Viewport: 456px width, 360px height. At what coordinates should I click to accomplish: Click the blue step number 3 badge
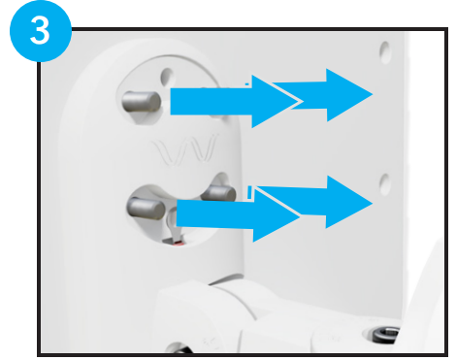[x=41, y=31]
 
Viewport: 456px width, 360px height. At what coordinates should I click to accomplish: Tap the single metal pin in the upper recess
[x=142, y=102]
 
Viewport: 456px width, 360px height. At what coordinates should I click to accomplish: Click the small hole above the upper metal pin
[x=167, y=77]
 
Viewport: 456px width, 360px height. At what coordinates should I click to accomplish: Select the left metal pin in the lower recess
[x=146, y=208]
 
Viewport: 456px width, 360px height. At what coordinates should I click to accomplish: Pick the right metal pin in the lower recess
[x=218, y=193]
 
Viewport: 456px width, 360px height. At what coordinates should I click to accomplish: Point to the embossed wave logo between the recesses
[x=184, y=150]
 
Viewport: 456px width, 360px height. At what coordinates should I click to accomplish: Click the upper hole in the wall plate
[x=385, y=52]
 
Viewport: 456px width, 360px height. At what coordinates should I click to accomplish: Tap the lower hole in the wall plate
[x=385, y=184]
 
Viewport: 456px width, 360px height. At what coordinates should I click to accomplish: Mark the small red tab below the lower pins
[x=178, y=244]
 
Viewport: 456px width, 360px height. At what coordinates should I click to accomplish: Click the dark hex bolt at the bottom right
[x=385, y=334]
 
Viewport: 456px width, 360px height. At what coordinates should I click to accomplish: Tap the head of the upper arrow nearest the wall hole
[x=349, y=95]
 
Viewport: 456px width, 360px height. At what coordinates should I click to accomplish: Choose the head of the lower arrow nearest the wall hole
[x=349, y=202]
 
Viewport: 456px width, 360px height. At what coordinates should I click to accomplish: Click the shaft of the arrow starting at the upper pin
[x=211, y=101]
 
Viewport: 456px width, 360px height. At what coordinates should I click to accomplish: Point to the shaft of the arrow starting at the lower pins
[x=214, y=213]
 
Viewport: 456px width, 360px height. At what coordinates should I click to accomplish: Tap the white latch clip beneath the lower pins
[x=174, y=225]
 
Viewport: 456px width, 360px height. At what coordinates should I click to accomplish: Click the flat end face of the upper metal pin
[x=154, y=102]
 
